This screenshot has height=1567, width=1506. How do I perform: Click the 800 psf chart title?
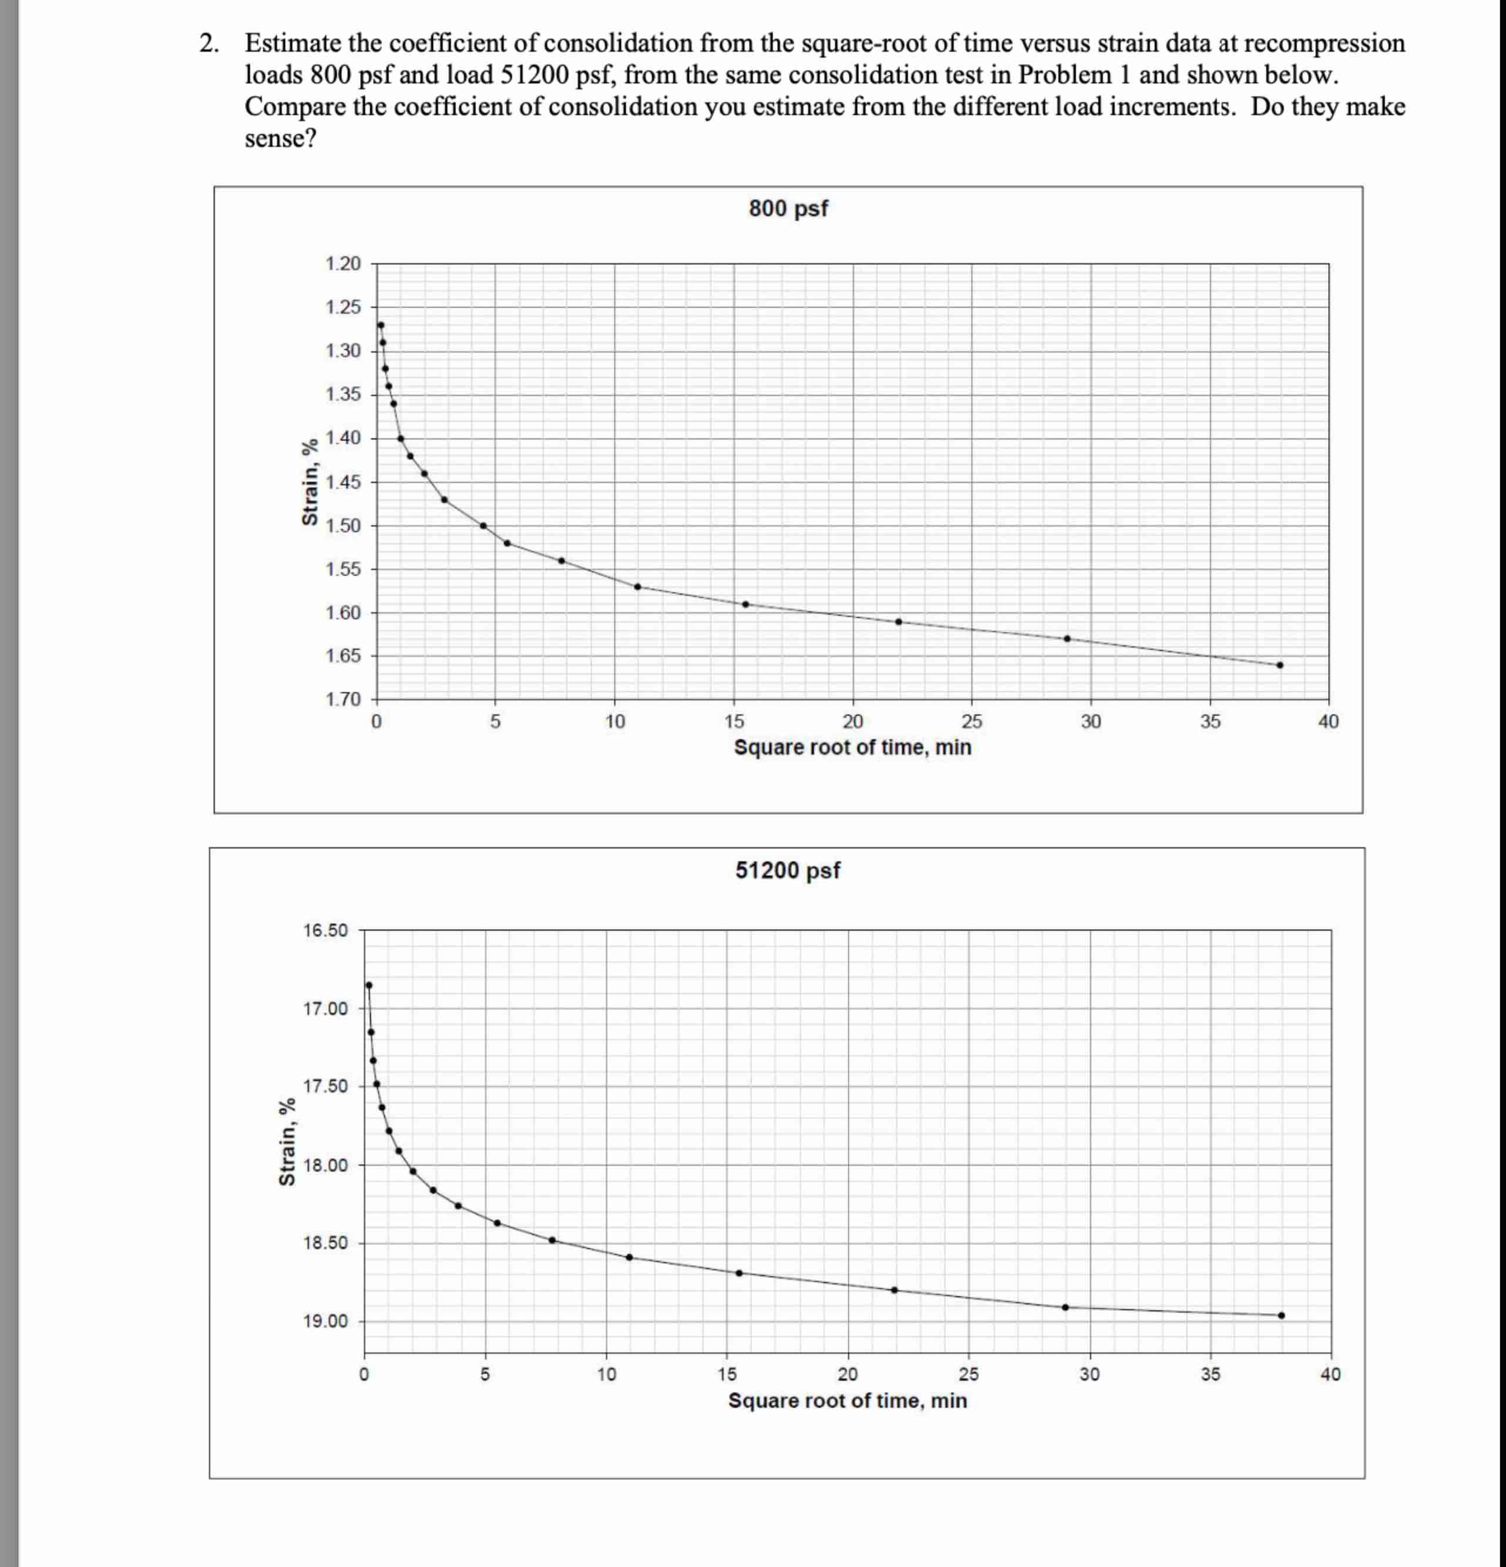tap(788, 209)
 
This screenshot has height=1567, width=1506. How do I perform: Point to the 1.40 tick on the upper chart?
tap(343, 438)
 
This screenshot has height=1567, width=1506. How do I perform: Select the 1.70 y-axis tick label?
tap(343, 700)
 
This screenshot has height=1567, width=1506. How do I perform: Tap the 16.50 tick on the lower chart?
tap(325, 931)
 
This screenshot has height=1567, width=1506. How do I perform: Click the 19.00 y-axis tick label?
tap(325, 1321)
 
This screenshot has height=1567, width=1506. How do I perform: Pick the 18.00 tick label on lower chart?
tap(325, 1166)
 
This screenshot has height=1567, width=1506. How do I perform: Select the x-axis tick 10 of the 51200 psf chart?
tap(606, 1375)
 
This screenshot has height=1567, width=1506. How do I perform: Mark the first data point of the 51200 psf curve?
tap(368, 985)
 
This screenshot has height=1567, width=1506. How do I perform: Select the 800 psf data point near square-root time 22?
tap(899, 621)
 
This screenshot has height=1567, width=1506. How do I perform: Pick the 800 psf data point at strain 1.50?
tap(483, 525)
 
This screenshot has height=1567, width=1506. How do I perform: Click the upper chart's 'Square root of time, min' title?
tap(852, 747)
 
